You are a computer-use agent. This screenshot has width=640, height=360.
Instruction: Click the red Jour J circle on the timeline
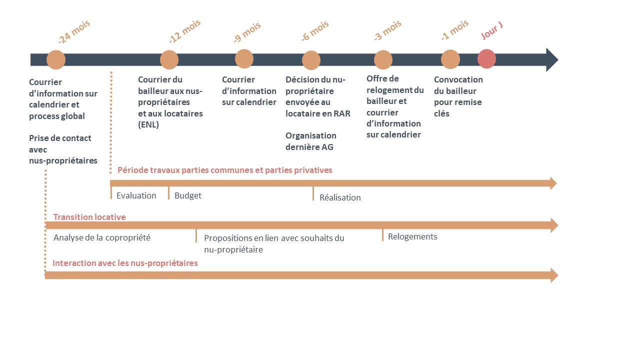pos(486,59)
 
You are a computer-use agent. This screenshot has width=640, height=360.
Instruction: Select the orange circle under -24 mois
pos(56,59)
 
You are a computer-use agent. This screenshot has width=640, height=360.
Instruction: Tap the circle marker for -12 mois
pos(169,59)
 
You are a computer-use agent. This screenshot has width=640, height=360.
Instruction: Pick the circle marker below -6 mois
pos(311,60)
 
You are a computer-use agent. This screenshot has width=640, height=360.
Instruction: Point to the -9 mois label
pos(247,32)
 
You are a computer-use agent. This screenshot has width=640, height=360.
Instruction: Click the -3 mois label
pos(387,30)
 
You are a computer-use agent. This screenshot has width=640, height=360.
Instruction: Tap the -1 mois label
pos(454,30)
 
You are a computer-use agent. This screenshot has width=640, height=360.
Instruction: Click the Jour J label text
pos(491,31)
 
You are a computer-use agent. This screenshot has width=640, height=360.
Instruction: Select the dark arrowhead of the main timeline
pos(552,59)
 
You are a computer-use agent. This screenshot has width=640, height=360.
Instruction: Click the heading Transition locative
pos(89,217)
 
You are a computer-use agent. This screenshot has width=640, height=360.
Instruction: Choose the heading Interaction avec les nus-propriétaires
pos(125,263)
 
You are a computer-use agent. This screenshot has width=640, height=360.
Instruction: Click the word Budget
pos(187,195)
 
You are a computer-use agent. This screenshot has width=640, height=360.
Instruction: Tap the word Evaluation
pos(136,195)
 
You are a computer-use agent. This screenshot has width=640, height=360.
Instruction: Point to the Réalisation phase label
pos(340,197)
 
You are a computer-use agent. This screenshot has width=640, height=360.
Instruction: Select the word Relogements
pos(412,237)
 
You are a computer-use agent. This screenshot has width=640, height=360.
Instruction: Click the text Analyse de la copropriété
pos(101,237)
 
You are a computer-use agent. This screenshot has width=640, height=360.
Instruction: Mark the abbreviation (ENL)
pos(148,125)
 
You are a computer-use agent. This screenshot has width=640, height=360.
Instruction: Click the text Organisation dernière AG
pos(311,141)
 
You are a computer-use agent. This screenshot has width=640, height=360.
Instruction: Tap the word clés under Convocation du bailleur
pos(441,113)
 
